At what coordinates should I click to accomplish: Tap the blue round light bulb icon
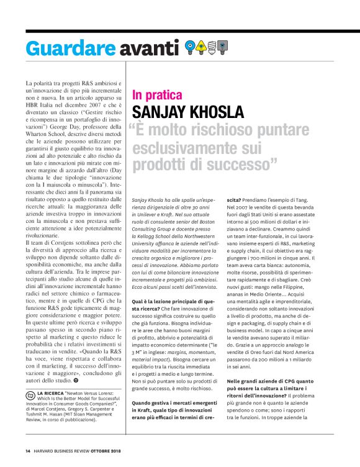point(191,46)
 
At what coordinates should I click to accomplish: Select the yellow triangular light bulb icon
point(202,46)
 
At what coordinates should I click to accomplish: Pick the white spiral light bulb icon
point(212,46)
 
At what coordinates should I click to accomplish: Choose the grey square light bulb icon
point(223,46)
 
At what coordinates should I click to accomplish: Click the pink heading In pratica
point(157,96)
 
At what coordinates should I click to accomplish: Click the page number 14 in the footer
point(27,450)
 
